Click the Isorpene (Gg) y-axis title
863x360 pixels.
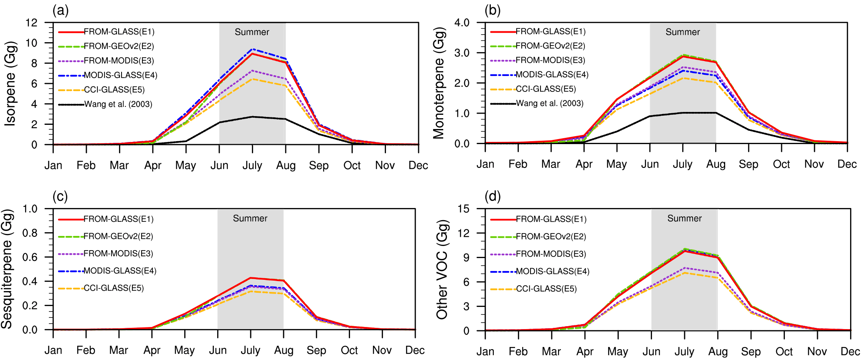point(10,84)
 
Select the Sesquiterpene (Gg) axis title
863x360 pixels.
point(7,269)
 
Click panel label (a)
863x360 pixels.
point(61,10)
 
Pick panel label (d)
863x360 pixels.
point(492,196)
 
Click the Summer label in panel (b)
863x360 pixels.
point(683,32)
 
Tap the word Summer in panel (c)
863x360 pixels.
point(250,218)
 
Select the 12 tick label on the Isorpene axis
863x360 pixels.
point(31,23)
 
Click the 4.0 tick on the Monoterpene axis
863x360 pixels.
point(462,23)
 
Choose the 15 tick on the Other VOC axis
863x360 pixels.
point(464,209)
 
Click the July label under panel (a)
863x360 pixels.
point(252,165)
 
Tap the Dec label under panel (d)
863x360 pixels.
point(850,352)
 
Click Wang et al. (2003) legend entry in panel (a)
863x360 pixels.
point(118,104)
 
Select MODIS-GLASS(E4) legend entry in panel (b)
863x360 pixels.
point(552,75)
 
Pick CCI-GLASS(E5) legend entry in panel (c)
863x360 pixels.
point(114,288)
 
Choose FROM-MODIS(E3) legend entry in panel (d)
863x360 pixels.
point(551,254)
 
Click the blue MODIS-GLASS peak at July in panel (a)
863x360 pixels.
point(252,49)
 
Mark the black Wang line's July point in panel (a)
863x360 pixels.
point(252,117)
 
